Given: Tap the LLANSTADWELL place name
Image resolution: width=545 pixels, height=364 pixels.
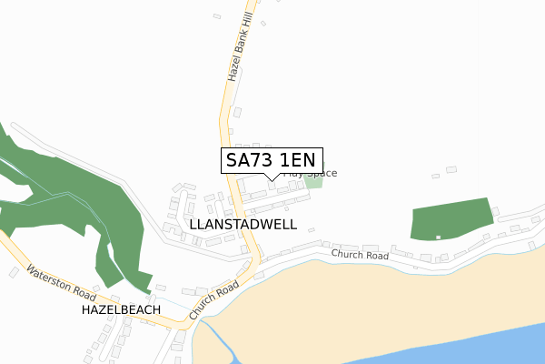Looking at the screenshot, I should coord(243,223).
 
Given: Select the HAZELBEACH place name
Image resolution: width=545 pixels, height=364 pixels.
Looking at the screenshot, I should coord(121,310).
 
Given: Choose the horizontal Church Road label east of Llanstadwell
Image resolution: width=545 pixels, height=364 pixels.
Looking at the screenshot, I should coord(360,256).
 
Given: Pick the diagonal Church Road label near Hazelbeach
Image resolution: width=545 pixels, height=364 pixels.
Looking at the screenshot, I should coord(214,299).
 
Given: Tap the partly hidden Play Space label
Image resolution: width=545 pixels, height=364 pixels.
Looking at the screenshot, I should coord(311,174).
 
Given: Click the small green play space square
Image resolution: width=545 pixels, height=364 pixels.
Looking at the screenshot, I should coord(313,182).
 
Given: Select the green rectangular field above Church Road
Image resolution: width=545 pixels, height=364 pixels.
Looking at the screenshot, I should coord(451,218).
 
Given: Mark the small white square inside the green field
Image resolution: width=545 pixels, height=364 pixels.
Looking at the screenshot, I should coord(438,238).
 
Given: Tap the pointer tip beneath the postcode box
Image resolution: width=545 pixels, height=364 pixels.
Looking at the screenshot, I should coord(271,178).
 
